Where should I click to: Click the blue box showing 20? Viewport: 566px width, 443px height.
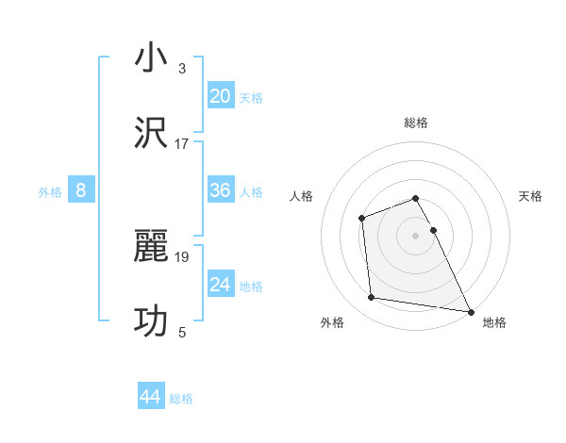221,96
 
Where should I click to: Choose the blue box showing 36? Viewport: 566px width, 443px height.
221,191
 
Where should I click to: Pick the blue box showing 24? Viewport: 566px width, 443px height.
221,285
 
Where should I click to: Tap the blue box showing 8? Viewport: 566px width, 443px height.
81,191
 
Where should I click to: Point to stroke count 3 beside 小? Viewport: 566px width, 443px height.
182,70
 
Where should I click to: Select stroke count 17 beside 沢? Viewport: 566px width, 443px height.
182,144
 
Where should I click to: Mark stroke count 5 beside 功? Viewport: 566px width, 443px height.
182,333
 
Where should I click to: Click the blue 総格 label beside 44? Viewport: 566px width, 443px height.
181,399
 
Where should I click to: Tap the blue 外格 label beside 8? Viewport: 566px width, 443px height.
50,192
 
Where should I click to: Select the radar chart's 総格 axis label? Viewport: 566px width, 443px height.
416,123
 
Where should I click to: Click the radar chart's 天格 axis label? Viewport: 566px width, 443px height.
531,196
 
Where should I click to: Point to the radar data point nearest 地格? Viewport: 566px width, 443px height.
470,310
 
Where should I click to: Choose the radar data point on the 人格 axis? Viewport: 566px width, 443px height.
362,219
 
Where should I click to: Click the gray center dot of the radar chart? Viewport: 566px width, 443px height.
416,235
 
